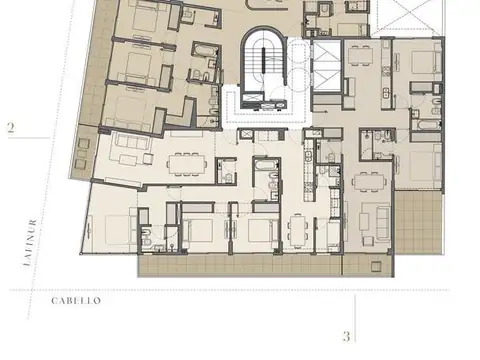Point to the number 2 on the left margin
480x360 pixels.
(10, 127)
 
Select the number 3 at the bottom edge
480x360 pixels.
(346, 337)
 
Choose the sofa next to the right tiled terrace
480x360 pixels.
(379, 215)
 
